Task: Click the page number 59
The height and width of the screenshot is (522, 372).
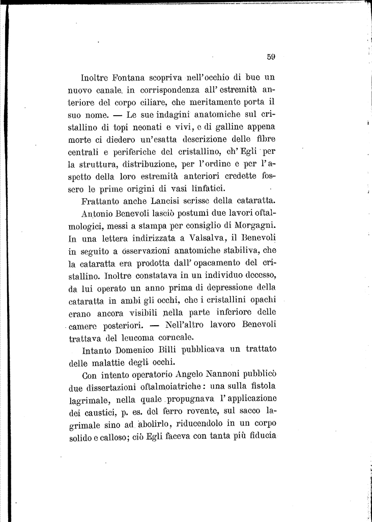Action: click(270, 57)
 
